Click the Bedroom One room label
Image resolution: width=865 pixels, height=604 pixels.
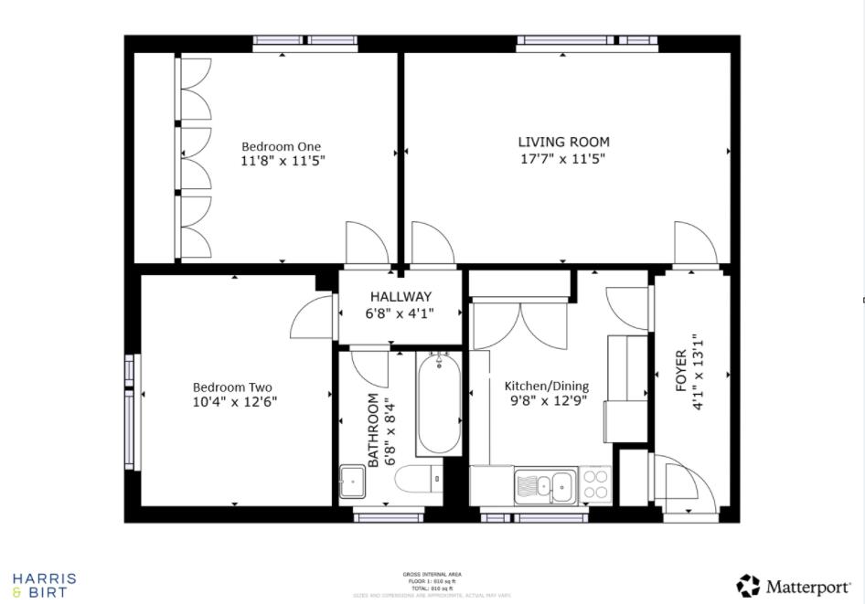(x=281, y=146)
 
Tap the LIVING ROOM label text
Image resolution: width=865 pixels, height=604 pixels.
(x=563, y=142)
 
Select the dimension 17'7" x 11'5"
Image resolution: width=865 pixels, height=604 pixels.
(x=563, y=158)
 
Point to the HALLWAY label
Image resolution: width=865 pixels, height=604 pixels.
(x=400, y=297)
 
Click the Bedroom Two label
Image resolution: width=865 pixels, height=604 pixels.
(x=232, y=387)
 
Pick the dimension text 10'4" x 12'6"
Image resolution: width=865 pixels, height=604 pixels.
(x=234, y=402)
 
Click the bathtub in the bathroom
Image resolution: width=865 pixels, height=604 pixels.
(x=439, y=404)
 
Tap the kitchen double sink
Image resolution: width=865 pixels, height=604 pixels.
(x=545, y=484)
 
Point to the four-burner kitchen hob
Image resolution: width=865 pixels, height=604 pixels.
(x=596, y=484)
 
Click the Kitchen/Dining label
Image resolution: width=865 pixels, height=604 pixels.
(x=547, y=387)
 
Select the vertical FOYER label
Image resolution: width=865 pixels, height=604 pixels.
(x=680, y=370)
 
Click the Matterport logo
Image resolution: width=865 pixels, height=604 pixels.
(x=792, y=585)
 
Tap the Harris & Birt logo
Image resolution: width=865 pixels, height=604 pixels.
(x=44, y=585)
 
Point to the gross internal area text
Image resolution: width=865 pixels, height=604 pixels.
(x=432, y=575)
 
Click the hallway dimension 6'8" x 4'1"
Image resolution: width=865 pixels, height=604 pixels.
(x=400, y=313)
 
